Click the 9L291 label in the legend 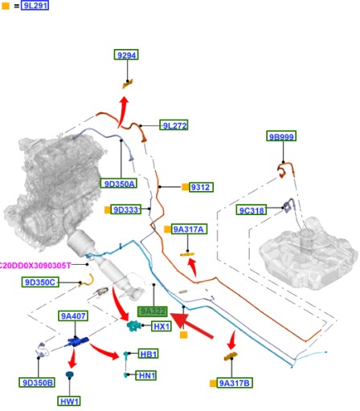point(35,6)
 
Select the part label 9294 point(126,55)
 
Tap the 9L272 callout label point(174,125)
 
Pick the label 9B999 point(281,136)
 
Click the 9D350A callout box point(119,183)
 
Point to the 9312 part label point(202,187)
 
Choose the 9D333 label point(126,210)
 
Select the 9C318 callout point(252,210)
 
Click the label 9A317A point(189,229)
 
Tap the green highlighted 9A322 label point(153,311)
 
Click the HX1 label point(162,326)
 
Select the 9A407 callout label point(73,315)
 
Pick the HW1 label point(69,401)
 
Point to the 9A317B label point(235,383)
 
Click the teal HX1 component point(133,326)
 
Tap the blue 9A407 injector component point(77,342)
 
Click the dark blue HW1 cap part point(70,375)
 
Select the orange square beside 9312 point(185,187)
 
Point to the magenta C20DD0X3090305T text point(35,265)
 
